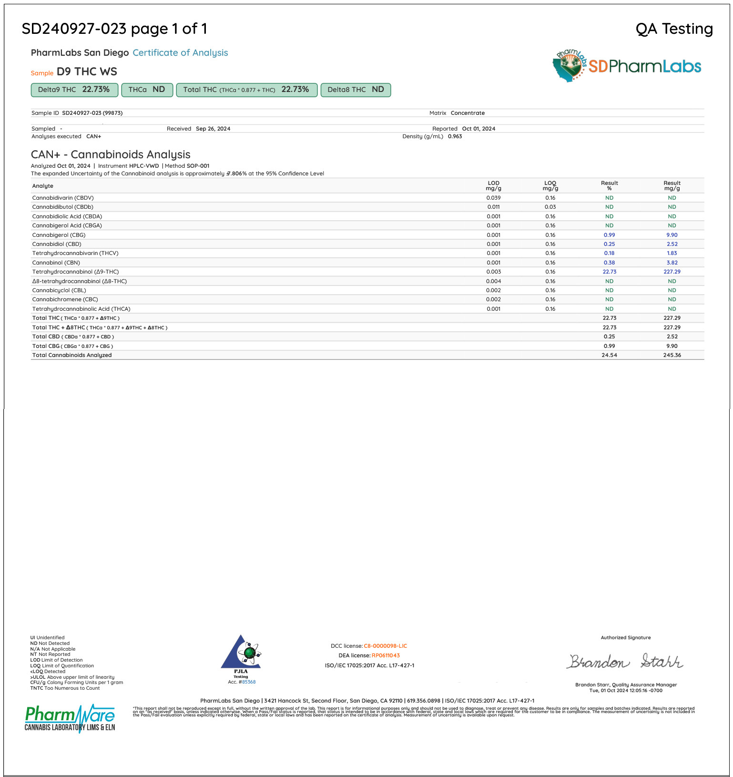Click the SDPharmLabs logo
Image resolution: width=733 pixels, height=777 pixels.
627,66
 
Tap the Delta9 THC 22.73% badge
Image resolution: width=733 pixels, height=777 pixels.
74,90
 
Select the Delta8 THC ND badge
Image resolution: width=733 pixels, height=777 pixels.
356,90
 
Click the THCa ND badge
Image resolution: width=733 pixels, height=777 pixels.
146,90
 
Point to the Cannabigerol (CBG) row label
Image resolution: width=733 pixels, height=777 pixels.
59,235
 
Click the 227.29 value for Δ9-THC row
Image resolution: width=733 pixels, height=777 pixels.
672,272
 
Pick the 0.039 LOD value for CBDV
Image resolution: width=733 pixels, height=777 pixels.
493,198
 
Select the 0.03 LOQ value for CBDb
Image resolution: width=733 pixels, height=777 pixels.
550,207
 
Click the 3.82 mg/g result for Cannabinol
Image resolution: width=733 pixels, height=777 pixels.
672,263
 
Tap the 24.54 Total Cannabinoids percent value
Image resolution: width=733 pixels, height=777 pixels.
609,355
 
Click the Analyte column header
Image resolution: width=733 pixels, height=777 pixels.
42,186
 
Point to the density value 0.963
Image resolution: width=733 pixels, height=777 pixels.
455,136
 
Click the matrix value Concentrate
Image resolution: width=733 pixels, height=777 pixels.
468,113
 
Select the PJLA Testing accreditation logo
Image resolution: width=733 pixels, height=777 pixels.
241,658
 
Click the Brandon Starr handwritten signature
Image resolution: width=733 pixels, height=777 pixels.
625,661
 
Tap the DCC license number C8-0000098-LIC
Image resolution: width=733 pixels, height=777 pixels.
385,646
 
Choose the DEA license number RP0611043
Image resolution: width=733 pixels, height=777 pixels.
386,655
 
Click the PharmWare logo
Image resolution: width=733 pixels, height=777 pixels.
70,717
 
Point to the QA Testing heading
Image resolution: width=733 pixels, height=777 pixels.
674,29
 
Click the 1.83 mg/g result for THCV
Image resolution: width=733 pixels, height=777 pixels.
672,253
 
